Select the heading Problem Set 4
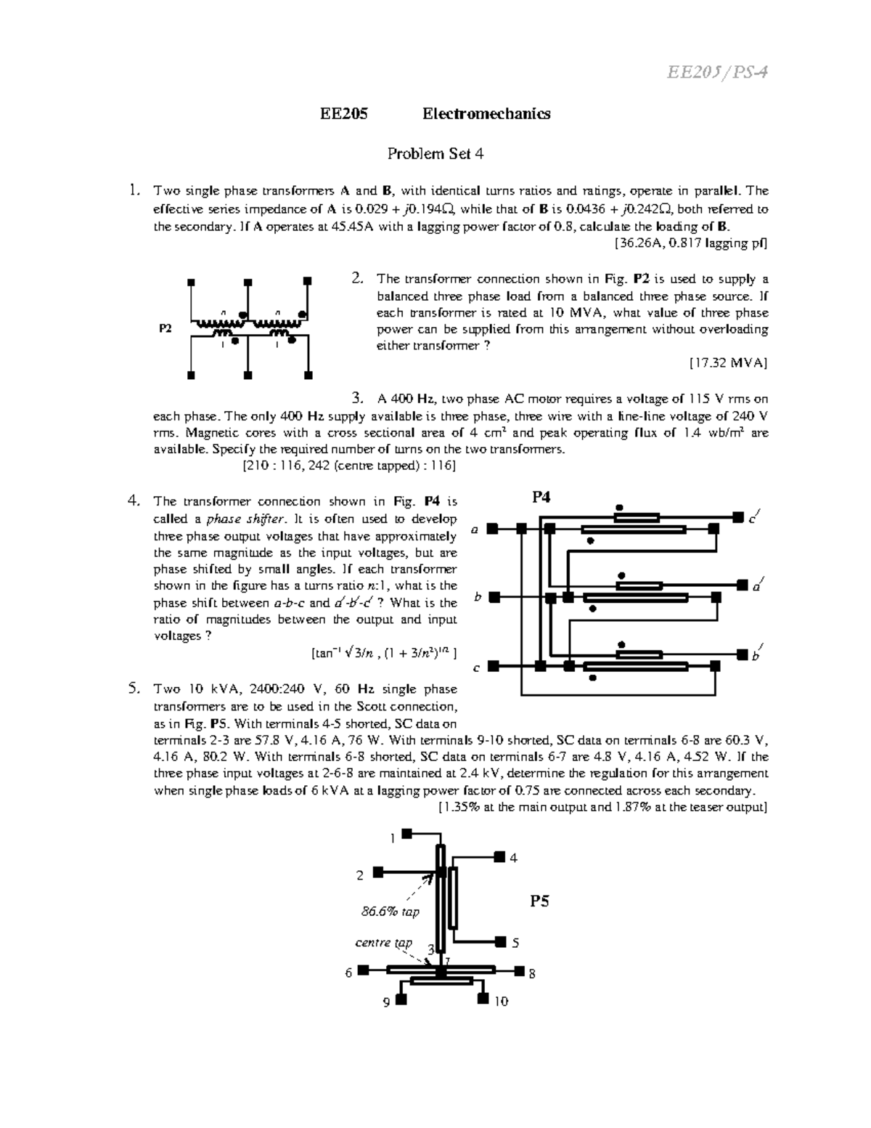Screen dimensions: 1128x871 tap(435, 153)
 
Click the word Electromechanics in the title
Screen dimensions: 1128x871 tap(486, 113)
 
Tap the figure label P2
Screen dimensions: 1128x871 tap(165, 328)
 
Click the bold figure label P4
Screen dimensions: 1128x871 tap(541, 497)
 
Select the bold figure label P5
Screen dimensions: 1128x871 tap(539, 901)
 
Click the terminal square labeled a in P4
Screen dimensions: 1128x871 tap(492, 529)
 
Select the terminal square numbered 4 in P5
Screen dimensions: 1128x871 tap(499, 857)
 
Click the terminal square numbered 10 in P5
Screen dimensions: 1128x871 tap(483, 1000)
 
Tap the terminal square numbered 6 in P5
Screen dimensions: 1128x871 tap(363, 970)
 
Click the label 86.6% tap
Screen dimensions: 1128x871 tap(390, 911)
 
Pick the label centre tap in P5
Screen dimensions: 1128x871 tap(383, 943)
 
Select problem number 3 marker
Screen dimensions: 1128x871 tap(356, 398)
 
